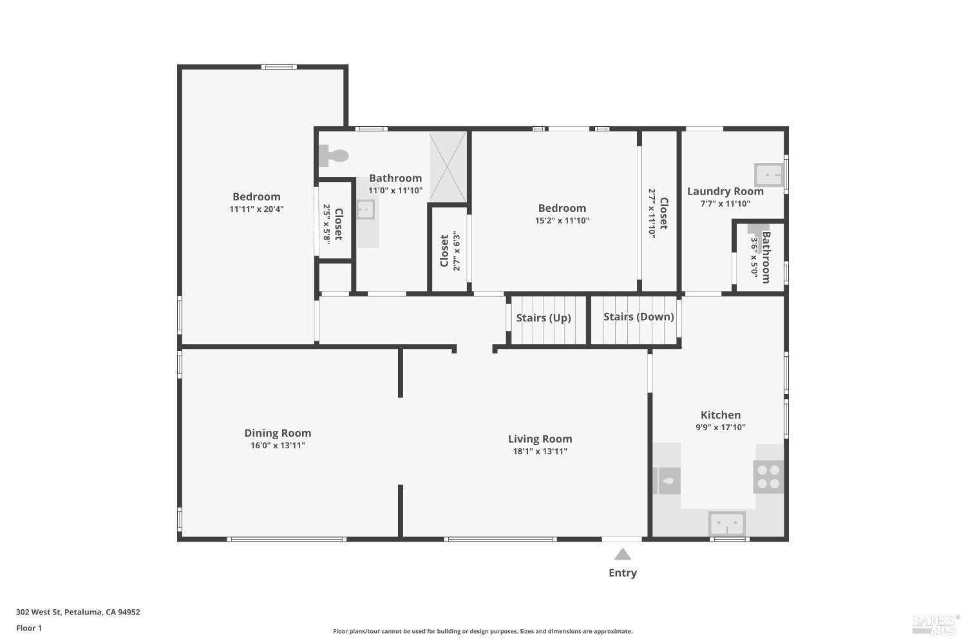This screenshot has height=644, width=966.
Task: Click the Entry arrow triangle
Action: click(x=622, y=554)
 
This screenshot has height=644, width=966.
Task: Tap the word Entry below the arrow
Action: click(x=622, y=573)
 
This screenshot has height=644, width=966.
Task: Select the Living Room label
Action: click(x=540, y=439)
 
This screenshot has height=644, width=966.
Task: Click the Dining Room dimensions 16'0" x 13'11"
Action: click(x=278, y=446)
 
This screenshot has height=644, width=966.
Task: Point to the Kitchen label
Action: click(x=720, y=415)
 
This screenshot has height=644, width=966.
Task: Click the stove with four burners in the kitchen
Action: click(x=768, y=477)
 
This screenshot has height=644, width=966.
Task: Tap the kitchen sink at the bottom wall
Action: click(x=727, y=524)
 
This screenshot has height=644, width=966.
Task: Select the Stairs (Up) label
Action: click(x=543, y=317)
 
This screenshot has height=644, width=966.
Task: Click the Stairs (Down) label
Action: click(x=638, y=316)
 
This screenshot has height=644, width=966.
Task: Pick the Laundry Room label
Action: click(x=725, y=191)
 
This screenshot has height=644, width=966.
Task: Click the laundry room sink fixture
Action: click(x=768, y=175)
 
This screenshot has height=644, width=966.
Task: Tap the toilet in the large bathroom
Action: click(x=334, y=155)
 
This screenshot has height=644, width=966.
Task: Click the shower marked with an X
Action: click(x=448, y=167)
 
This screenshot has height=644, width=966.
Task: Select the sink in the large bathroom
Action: click(x=365, y=210)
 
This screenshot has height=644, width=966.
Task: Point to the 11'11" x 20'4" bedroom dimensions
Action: click(x=256, y=209)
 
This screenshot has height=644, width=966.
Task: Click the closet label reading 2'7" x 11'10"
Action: click(x=652, y=213)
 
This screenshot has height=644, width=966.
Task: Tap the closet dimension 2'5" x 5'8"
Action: click(x=327, y=223)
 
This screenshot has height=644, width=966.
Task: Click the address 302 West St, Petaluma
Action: click(x=78, y=612)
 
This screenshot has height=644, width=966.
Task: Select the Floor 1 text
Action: click(x=29, y=628)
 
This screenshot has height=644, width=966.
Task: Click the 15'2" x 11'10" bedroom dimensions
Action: click(x=562, y=220)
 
